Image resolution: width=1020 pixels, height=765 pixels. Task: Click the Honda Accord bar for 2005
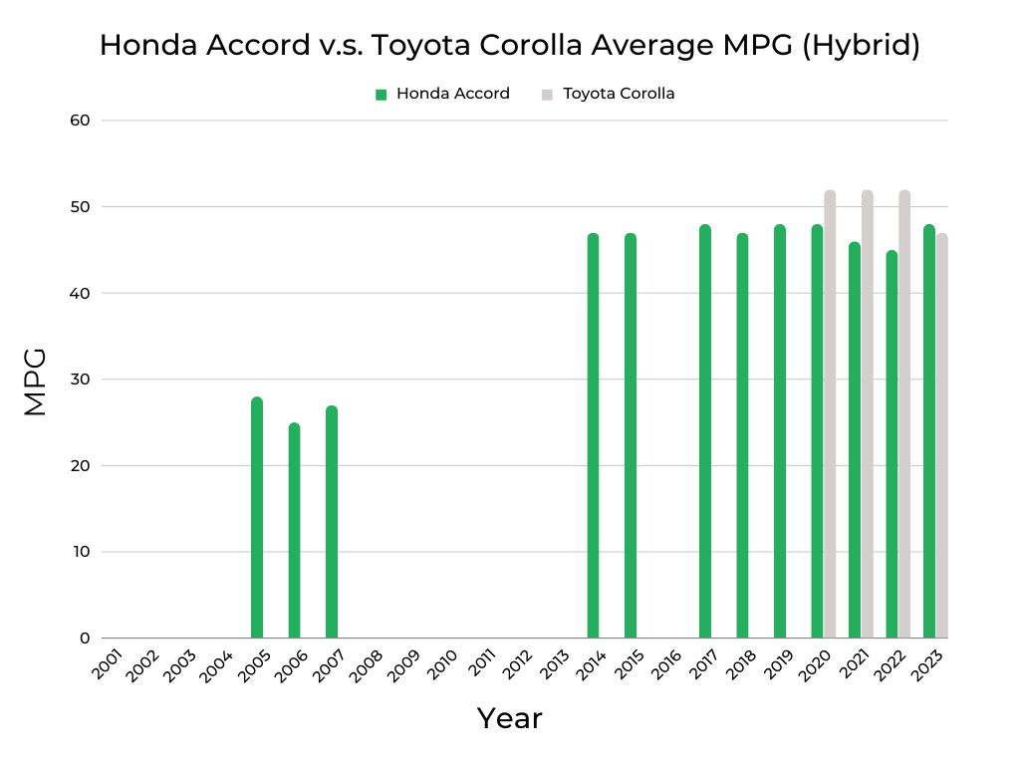257,518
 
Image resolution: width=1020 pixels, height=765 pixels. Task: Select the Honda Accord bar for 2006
294,531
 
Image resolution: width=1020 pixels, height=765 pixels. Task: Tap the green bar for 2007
332,522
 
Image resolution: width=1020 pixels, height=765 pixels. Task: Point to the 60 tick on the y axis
80,121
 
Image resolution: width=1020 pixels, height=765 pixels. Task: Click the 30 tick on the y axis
80,380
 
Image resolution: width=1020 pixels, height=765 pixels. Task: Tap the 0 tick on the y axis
85,638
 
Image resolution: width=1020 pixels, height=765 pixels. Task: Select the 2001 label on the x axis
108,665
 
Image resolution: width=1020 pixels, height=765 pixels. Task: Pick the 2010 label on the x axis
443,665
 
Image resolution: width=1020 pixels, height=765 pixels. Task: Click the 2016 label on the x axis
667,665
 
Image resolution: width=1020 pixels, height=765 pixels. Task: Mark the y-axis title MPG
35,382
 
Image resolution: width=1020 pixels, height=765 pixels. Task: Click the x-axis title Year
509,718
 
